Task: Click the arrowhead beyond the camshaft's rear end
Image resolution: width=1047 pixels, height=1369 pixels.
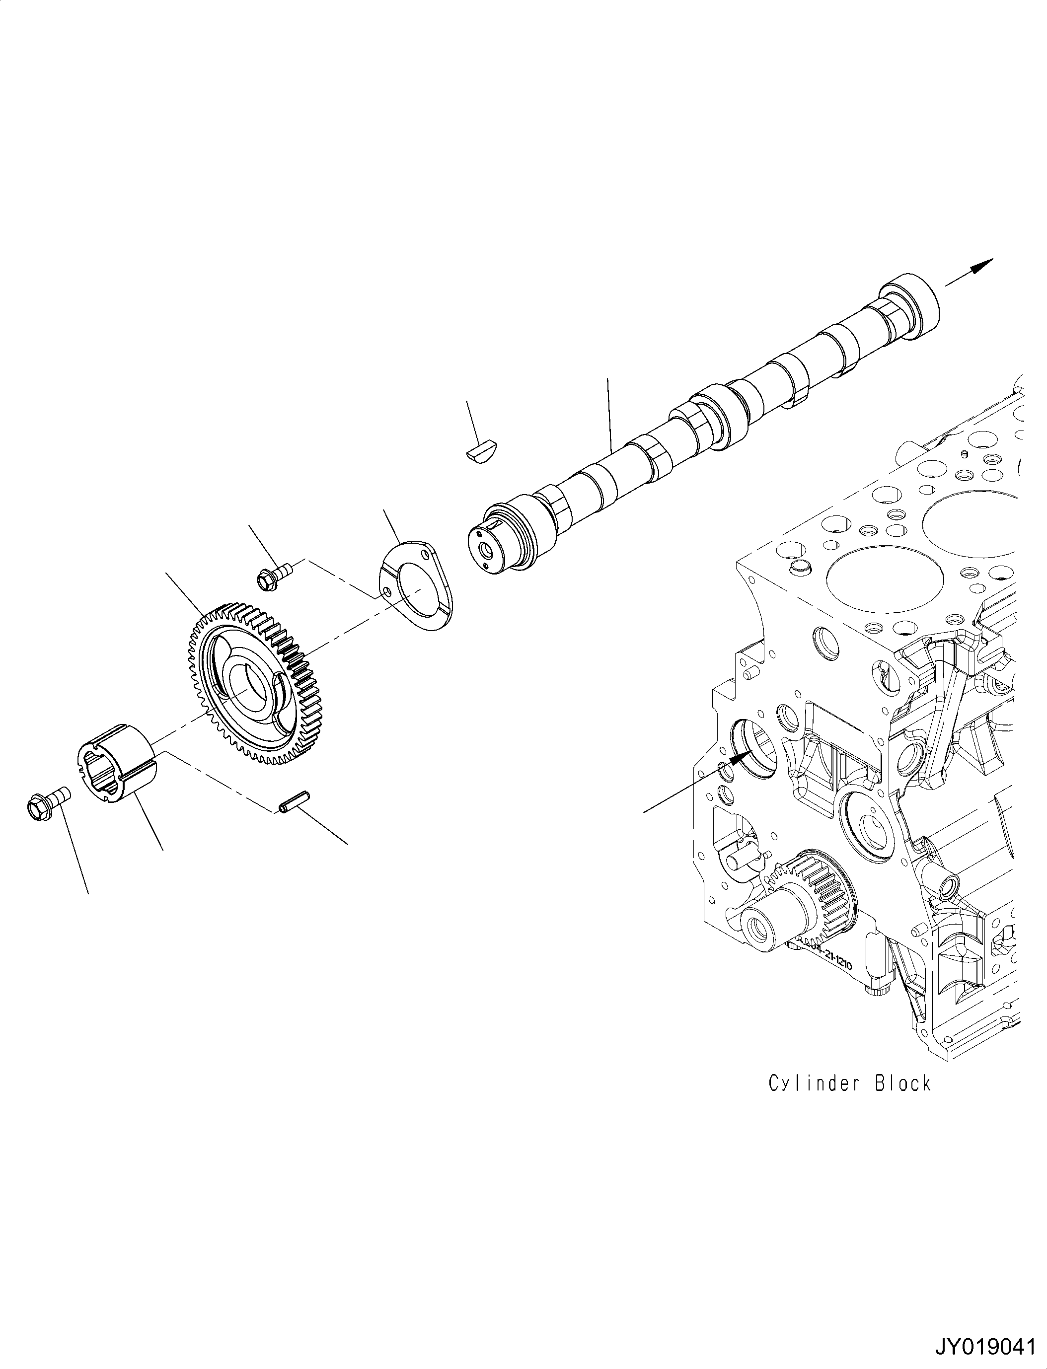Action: click(982, 266)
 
